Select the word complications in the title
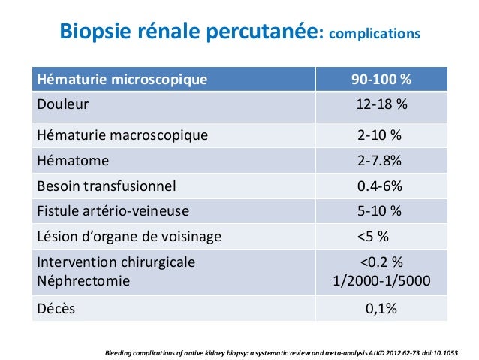[375, 35]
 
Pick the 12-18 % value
[381, 104]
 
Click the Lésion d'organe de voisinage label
[129, 237]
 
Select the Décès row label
[56, 308]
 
